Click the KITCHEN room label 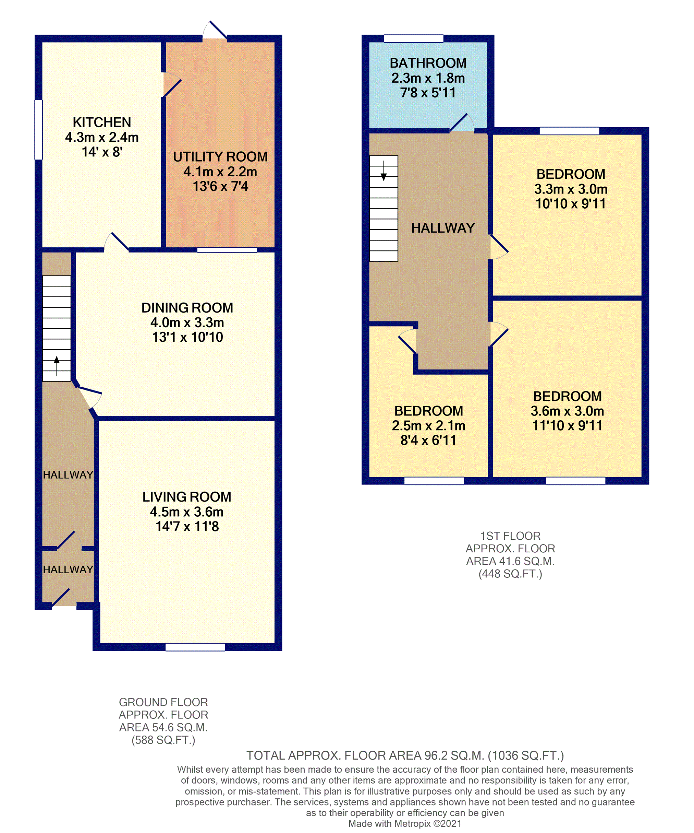[102, 122]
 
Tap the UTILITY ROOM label [220, 157]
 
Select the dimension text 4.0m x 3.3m [187, 322]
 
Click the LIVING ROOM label [187, 497]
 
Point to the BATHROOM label [428, 63]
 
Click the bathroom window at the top [413, 38]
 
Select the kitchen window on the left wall [38, 130]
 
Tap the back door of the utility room [215, 31]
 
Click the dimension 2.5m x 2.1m [428, 426]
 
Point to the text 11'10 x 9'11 [567, 426]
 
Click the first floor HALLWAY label [443, 228]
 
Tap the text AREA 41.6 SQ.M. [510, 561]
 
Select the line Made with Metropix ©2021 [405, 823]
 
